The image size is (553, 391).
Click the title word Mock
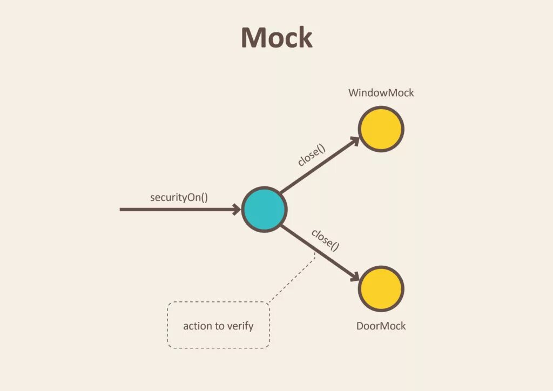point(276,38)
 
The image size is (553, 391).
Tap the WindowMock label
point(381,93)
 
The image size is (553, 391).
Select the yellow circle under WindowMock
point(381,129)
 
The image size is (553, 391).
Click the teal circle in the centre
point(264,210)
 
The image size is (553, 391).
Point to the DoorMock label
point(381,326)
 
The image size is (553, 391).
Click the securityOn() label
point(179,197)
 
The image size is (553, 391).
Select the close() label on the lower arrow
point(325,240)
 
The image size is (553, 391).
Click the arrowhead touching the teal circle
point(237,210)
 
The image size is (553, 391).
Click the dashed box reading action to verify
point(218,325)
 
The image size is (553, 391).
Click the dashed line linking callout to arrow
point(292,278)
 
